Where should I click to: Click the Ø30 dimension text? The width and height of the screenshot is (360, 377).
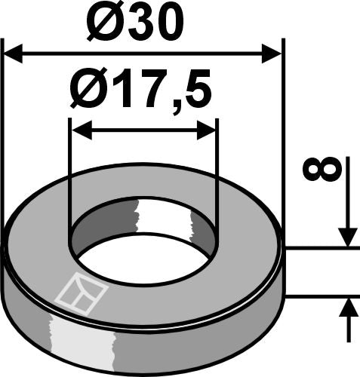134,23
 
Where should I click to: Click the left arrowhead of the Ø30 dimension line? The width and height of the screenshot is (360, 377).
14,54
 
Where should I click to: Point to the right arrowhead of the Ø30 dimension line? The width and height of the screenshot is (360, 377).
272,54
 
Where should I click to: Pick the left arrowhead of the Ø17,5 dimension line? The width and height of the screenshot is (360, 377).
78,130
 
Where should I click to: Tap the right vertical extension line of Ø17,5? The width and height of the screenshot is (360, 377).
217,173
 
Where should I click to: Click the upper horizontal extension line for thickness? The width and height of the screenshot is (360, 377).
321,247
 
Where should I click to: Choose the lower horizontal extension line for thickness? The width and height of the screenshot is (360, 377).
321,297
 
